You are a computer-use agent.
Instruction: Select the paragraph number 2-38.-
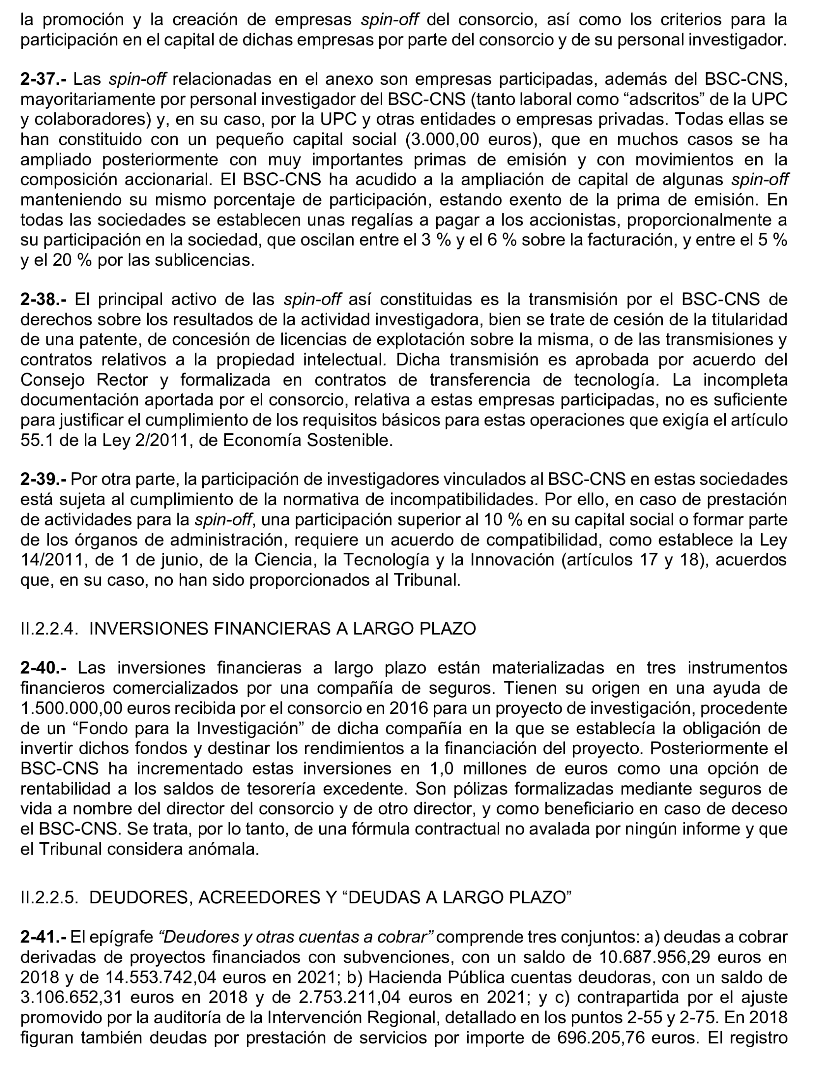click(45, 299)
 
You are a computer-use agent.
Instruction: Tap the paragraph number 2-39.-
click(44, 479)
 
